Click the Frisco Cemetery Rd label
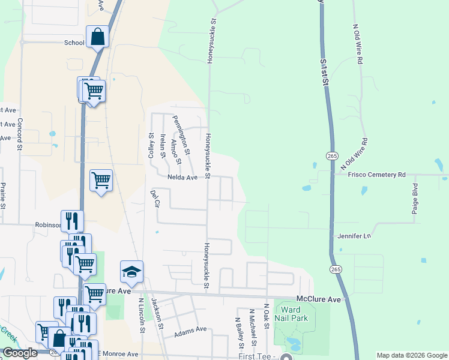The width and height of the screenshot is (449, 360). click(377, 175)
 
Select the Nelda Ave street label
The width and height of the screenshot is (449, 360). click(182, 178)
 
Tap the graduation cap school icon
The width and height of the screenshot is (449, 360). click(131, 272)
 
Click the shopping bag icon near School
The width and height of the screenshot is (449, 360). click(97, 37)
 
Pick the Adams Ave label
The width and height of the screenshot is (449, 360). click(190, 329)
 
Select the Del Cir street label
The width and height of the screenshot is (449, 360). click(155, 199)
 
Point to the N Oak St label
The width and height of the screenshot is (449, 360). click(266, 317)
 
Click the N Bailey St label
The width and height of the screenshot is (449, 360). click(240, 332)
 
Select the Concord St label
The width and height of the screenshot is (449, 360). click(20, 134)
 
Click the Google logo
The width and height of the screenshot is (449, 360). click(20, 353)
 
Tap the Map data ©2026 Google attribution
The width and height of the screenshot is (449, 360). click(412, 355)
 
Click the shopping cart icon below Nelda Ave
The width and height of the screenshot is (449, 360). click(101, 180)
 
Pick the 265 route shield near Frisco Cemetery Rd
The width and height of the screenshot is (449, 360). click(332, 155)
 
